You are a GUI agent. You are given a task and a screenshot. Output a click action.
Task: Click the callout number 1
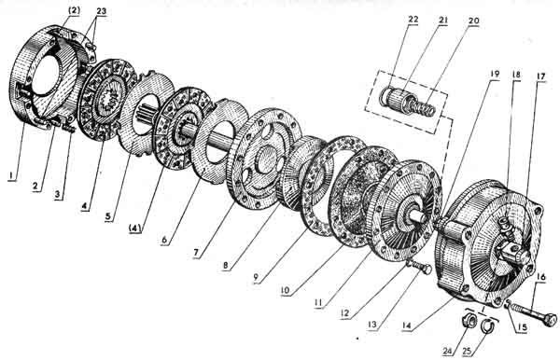(12, 175)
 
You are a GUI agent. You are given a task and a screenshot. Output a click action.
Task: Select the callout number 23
(101, 11)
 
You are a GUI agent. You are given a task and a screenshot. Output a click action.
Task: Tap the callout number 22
(413, 20)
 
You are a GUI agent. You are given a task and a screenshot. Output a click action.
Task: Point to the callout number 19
(495, 75)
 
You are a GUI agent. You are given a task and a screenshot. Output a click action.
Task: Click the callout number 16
(541, 277)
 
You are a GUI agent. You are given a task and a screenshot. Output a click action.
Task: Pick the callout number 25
(467, 351)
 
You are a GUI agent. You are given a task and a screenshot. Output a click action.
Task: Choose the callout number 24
(447, 351)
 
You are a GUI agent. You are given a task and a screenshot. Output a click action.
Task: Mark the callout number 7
(196, 253)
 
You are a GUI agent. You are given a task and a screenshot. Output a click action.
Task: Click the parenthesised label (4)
(135, 228)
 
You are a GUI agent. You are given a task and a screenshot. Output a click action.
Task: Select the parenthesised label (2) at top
(74, 9)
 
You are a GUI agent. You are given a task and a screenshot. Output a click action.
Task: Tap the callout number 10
(286, 290)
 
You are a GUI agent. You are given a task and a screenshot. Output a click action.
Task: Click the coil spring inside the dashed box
(424, 107)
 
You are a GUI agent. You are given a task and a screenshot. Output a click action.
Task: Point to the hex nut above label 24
(468, 320)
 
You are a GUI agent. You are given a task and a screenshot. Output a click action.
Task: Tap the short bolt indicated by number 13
(419, 267)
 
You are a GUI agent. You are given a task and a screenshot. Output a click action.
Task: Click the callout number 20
(473, 21)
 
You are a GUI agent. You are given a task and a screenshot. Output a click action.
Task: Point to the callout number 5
(108, 216)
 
